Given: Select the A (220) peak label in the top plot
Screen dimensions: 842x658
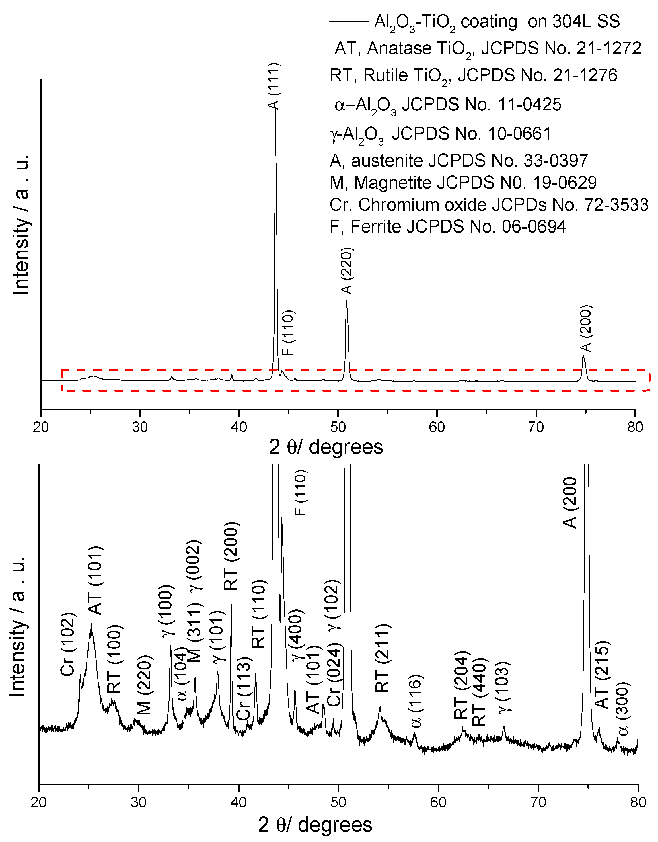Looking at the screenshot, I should (347, 271).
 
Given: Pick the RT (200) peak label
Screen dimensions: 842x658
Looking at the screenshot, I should (231, 556).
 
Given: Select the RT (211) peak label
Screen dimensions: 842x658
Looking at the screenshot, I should (383, 658).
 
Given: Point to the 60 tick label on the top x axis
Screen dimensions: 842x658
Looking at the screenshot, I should (437, 427).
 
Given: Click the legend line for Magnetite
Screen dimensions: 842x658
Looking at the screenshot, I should (463, 182).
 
